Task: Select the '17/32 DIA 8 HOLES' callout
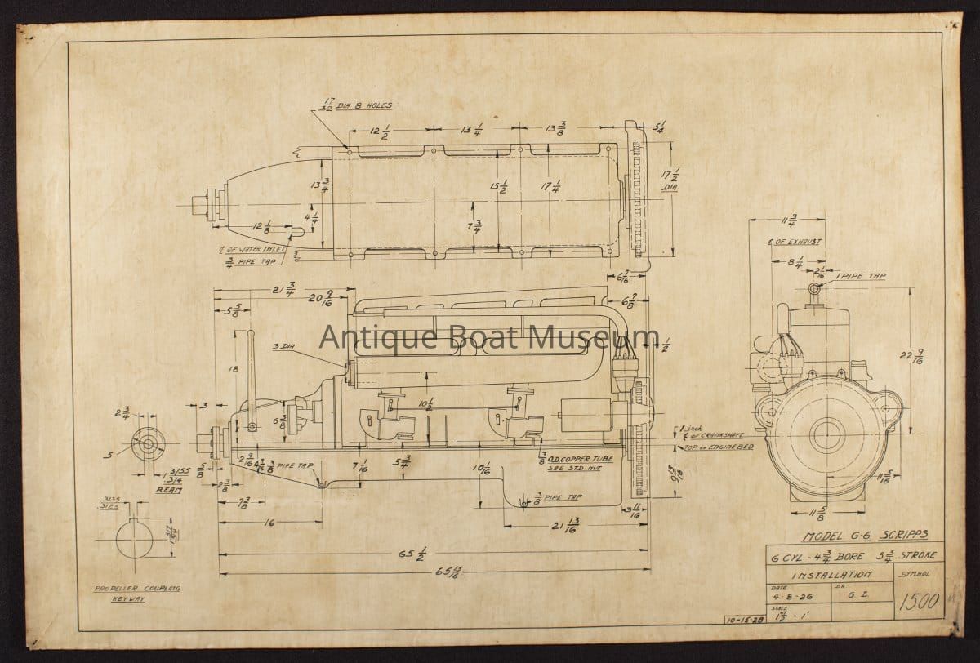click(353, 105)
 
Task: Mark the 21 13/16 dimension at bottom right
click(572, 524)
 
